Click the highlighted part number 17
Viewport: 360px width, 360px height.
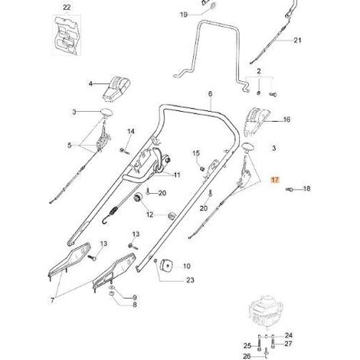click(x=275, y=180)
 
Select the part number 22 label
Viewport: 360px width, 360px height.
click(x=67, y=8)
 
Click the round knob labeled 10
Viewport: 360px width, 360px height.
click(x=166, y=267)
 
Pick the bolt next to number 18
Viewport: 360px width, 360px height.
click(x=289, y=189)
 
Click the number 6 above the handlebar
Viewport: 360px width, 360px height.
click(x=210, y=93)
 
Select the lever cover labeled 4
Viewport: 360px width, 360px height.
click(x=116, y=89)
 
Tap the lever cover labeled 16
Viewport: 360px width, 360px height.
click(x=256, y=121)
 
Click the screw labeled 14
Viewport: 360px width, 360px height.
click(x=124, y=151)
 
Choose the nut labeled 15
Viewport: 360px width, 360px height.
click(x=202, y=169)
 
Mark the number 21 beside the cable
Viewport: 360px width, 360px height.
click(x=297, y=41)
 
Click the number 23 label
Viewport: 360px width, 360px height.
click(x=190, y=280)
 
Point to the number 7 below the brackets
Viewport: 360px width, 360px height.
click(x=52, y=300)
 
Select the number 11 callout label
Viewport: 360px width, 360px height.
click(x=177, y=175)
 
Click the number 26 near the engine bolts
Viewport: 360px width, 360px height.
click(x=247, y=355)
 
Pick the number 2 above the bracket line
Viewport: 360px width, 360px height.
click(x=259, y=70)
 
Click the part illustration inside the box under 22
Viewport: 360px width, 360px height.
click(x=67, y=35)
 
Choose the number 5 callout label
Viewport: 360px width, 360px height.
click(x=70, y=146)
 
